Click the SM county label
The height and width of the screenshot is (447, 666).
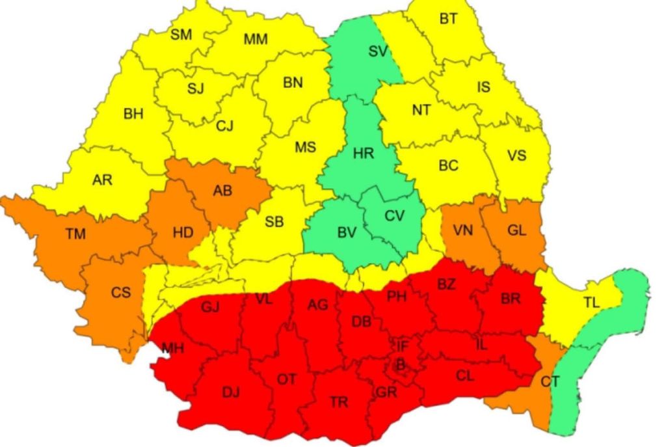point(181,35)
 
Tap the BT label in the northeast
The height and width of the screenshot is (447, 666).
point(448,19)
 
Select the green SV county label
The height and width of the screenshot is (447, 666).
point(378,51)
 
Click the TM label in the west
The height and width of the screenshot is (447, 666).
point(75,234)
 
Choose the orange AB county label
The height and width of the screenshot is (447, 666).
point(222,191)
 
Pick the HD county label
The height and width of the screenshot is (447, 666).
point(183,232)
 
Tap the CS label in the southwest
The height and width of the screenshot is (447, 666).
point(120,293)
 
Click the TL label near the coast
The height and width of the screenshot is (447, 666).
point(591,303)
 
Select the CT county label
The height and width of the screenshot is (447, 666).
point(550,381)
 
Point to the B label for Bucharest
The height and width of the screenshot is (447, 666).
point(401,368)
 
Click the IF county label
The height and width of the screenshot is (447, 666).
point(403,345)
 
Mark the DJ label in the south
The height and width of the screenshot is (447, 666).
point(231,392)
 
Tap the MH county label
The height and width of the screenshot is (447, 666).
point(173,349)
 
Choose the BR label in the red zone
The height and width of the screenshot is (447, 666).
point(511,299)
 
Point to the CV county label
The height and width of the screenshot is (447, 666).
point(394,216)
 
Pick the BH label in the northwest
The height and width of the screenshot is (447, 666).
point(133,115)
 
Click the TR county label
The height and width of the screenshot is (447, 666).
point(339,402)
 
